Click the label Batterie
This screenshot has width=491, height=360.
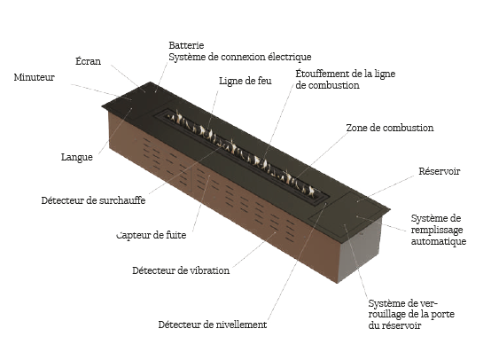click(186, 45)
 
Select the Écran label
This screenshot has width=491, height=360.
click(89, 61)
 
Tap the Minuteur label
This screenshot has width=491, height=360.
click(35, 77)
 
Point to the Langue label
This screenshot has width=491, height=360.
click(77, 157)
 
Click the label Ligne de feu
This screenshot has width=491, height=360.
click(245, 81)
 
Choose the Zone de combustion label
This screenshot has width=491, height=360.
click(390, 128)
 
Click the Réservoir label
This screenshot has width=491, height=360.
click(440, 171)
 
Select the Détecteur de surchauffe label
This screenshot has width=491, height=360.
click(93, 200)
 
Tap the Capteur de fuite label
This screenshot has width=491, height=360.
click(152, 235)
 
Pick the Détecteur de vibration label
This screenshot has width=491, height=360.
click(181, 270)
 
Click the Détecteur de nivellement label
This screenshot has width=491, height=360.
click(213, 325)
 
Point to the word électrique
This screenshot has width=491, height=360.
click(289, 57)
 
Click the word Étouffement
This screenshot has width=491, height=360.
click(320, 74)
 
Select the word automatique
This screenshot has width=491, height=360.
click(439, 241)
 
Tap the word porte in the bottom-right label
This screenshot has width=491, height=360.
click(443, 314)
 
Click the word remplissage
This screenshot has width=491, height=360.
click(437, 230)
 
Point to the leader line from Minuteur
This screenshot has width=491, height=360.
click(101, 92)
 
